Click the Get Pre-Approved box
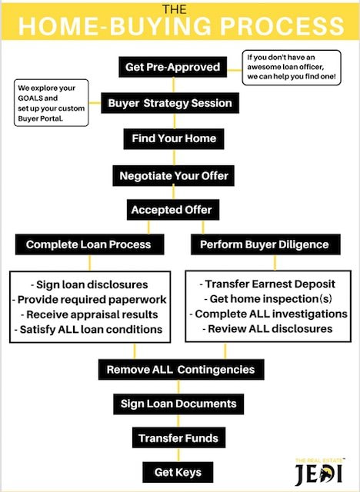pos(172,67)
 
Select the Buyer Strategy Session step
pos(170,103)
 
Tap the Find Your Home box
pos(174,138)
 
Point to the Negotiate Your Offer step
pos(174,176)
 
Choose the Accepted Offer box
pos(173,210)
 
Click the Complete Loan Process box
pos(89,244)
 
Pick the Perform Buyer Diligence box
pos(265,244)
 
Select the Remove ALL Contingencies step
pos(181,370)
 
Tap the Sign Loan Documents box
pos(178,404)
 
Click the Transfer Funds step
pos(178,437)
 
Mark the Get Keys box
pos(178,472)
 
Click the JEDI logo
pos(319,473)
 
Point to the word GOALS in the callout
pos(28,98)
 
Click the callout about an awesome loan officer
pos(292,68)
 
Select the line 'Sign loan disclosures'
pos(89,285)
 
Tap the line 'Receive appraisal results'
pos(89,314)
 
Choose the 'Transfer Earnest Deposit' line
pos(268,284)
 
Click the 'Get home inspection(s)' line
pos(268,299)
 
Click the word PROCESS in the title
pos(282,25)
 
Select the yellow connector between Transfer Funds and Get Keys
pos(178,455)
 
